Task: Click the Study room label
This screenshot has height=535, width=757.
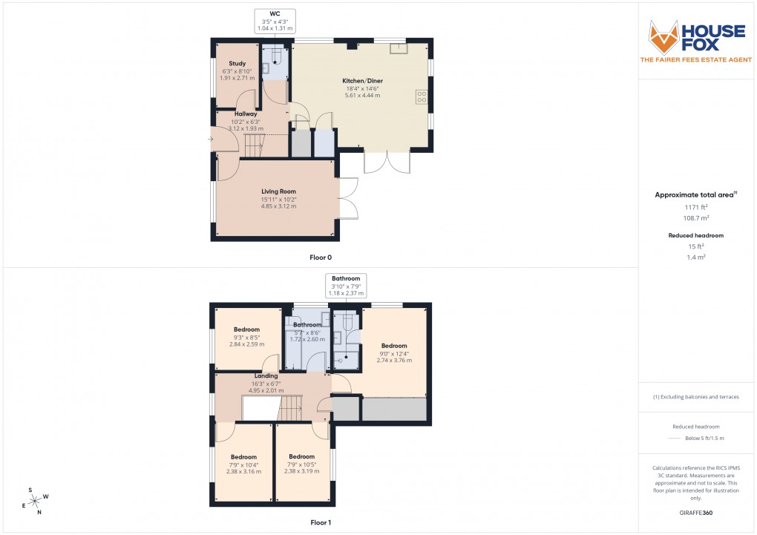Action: (237, 64)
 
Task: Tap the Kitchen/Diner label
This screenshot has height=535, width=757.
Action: (362, 80)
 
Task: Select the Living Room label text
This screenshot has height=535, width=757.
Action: (278, 191)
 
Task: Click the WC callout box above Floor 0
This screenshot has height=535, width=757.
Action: (275, 20)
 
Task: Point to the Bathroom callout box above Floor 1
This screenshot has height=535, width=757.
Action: (346, 286)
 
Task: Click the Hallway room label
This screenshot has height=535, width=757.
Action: (246, 114)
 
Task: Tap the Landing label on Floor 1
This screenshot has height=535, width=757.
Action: (266, 375)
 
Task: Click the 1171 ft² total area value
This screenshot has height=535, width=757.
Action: (695, 207)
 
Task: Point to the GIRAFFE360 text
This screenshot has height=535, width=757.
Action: (695, 512)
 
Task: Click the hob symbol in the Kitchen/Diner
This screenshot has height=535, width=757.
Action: (422, 96)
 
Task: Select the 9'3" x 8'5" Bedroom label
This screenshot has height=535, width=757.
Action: (246, 329)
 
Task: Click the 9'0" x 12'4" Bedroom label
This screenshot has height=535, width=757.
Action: (394, 346)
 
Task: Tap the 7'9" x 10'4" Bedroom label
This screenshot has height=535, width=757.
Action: (243, 456)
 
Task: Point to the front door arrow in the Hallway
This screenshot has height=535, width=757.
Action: (212, 138)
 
